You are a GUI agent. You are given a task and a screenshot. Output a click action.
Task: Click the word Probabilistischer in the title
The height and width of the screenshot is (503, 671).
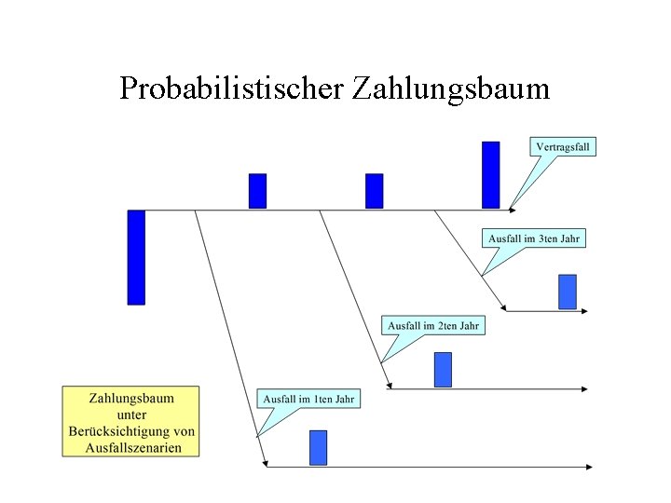click(x=232, y=88)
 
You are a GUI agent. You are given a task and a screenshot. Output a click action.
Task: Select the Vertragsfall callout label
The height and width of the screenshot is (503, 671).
click(x=563, y=146)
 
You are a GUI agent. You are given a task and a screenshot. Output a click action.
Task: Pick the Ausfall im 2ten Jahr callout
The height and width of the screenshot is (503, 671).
click(x=433, y=325)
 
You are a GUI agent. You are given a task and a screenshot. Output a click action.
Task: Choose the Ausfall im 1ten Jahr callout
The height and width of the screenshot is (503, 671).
click(x=308, y=399)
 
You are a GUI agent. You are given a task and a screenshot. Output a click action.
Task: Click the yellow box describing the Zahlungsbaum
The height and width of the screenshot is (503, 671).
click(x=131, y=421)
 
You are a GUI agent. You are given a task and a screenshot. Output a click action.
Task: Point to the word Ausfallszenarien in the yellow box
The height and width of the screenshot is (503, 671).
click(x=131, y=447)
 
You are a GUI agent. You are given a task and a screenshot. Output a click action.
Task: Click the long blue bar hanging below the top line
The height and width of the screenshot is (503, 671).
click(x=136, y=257)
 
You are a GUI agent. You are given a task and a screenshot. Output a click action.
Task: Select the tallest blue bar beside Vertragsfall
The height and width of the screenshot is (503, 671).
click(x=490, y=174)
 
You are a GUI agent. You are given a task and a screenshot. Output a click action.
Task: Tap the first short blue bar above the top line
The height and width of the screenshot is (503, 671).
click(x=257, y=191)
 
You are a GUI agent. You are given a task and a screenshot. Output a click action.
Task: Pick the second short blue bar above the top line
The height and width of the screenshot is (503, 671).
click(x=374, y=191)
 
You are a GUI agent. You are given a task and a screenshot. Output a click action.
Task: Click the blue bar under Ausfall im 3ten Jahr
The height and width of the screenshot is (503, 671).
click(x=567, y=292)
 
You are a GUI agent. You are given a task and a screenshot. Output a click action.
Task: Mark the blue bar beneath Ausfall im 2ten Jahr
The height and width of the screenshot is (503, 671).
click(x=443, y=369)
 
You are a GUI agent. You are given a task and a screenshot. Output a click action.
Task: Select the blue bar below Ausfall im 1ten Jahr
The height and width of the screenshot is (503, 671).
click(x=318, y=447)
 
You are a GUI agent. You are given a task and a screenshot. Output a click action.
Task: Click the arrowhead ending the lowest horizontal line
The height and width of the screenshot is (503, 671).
click(x=589, y=466)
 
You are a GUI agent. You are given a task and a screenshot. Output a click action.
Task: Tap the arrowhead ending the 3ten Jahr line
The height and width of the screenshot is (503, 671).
click(x=584, y=310)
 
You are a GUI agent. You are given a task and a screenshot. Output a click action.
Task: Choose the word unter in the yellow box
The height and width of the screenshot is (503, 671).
click(x=131, y=414)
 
